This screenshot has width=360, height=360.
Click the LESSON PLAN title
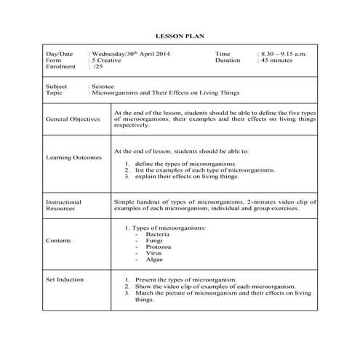pyautogui.click(x=179, y=35)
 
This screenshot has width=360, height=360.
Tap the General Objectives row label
pyautogui.click(x=72, y=119)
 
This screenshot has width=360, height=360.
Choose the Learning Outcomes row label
pyautogui.click(x=73, y=157)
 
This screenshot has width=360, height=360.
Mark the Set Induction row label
pyautogui.click(x=65, y=279)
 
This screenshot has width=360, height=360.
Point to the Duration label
pyautogui.click(x=228, y=60)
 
